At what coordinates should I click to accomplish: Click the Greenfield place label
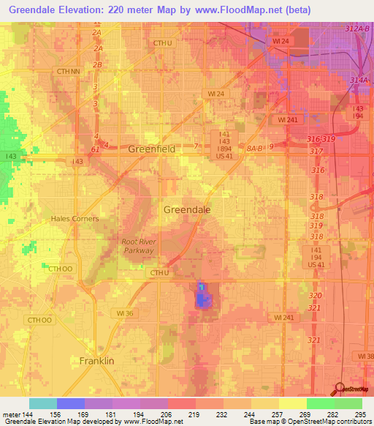(152, 149)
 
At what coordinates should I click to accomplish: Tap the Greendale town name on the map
(187, 209)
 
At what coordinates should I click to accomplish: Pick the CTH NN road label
(67, 71)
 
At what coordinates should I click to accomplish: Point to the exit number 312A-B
(359, 28)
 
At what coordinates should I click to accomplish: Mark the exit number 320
(315, 295)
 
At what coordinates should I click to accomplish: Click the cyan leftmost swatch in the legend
(43, 403)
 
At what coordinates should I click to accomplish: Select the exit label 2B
(97, 64)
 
